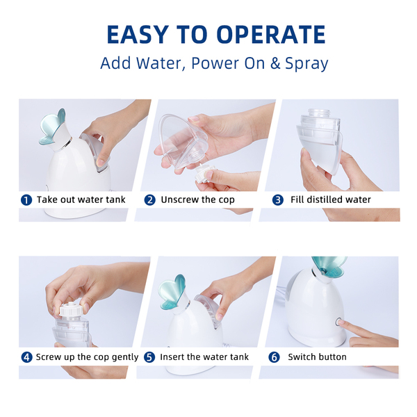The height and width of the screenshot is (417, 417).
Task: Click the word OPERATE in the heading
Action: coord(271,35)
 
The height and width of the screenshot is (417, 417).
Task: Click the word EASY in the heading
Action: coord(138,35)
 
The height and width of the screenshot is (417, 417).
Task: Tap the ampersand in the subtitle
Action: coord(275,63)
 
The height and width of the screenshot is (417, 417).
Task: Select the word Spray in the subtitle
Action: coord(306,65)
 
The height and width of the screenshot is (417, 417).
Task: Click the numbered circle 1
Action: coord(26,200)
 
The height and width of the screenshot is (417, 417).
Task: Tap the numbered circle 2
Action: coord(149,200)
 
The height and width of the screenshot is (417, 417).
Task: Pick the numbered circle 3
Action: coord(277,200)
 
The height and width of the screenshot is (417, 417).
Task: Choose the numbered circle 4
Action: coord(26,357)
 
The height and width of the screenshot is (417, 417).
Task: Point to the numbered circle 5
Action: coord(149,357)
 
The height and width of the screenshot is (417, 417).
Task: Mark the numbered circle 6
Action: coord(274,357)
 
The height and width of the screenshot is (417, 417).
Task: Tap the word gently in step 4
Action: coord(124,357)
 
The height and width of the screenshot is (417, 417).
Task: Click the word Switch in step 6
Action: coord(299,357)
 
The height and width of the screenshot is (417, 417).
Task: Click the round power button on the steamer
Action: coord(338,322)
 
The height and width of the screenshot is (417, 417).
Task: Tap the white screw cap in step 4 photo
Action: coord(70,309)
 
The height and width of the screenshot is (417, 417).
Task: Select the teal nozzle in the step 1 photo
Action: coord(53,127)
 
